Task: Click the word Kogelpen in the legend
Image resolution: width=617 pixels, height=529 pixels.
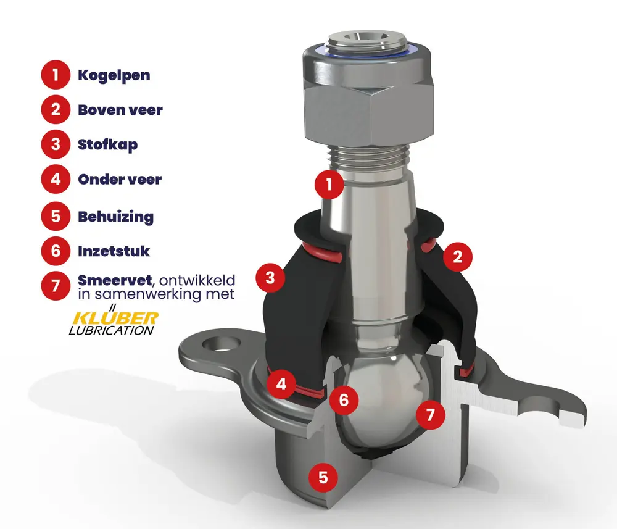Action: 114,75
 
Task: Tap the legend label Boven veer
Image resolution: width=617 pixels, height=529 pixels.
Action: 120,110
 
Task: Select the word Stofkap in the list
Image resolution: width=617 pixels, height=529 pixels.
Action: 107,144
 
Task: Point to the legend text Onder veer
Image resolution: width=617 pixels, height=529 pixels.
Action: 120,180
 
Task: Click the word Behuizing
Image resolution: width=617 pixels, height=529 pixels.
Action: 116,217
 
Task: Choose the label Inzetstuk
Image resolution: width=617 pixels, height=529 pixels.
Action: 114,251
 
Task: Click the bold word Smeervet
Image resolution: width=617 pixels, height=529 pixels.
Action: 115,280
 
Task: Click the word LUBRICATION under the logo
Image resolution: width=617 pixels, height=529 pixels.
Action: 111,331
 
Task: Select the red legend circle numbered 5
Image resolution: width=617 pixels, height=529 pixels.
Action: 56,216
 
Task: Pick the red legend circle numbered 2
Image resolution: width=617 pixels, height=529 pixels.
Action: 56,109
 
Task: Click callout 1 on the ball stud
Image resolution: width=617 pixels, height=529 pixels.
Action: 329,184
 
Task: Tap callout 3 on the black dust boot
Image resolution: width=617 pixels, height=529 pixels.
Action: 270,278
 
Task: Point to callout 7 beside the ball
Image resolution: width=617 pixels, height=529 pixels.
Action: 431,414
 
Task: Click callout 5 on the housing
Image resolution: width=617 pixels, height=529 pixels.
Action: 323,477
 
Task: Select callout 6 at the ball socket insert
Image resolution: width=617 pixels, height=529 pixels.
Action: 344,400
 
